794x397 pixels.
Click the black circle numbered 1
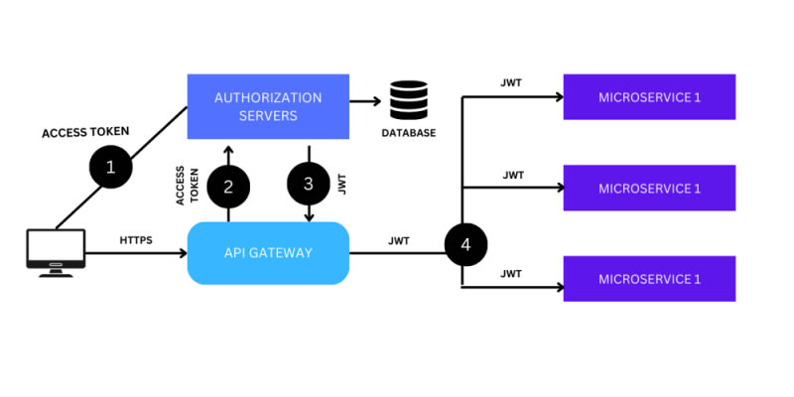[111, 168]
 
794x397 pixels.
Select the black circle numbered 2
[228, 185]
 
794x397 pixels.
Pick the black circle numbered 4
[463, 244]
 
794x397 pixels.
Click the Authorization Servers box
[268, 106]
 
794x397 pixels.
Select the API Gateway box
[268, 253]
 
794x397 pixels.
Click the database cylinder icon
[408, 101]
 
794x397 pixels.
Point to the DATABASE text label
[408, 132]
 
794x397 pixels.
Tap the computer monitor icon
[55, 253]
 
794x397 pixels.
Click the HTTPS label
[136, 241]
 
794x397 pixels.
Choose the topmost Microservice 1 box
[649, 96]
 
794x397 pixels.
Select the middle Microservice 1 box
[649, 188]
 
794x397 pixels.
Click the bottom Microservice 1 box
[649, 279]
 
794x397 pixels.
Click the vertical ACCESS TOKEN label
[187, 185]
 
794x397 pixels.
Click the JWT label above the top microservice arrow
[513, 82]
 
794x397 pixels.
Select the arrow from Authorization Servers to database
[366, 101]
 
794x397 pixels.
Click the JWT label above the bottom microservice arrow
[513, 272]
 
